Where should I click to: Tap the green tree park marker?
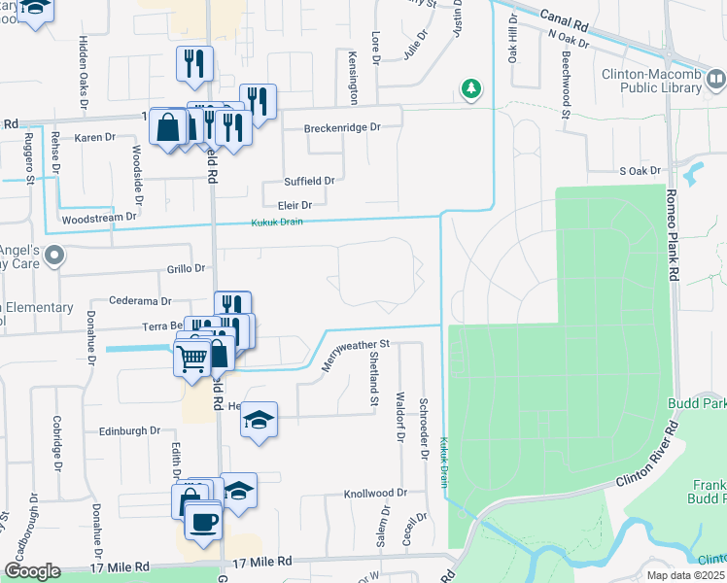coord(471,89)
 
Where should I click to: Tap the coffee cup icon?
coord(203,522)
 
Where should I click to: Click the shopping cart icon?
coord(191,359)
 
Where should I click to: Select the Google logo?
coord(32,571)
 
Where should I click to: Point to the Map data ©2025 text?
coord(685,575)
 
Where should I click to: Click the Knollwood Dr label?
coord(374,494)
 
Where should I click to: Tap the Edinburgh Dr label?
coord(129,430)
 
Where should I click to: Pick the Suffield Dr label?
coord(309,181)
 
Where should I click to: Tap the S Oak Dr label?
coord(640,171)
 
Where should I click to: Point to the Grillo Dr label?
coord(186,268)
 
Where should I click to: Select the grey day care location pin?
coord(53,257)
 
